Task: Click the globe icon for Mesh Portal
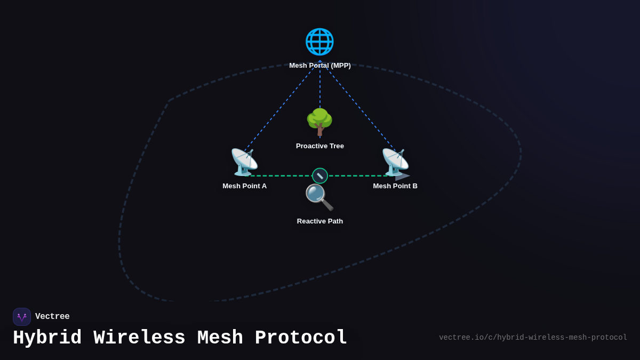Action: click(319, 42)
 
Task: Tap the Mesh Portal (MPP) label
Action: click(320, 66)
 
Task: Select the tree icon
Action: click(319, 122)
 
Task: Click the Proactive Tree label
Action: click(320, 146)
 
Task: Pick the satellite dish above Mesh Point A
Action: click(244, 162)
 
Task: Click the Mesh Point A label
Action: click(244, 186)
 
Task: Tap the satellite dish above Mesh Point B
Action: click(395, 162)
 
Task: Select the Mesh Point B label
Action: click(395, 186)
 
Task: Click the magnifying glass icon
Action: click(319, 197)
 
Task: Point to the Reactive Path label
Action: click(320, 221)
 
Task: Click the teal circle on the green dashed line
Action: click(320, 175)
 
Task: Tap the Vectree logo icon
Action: click(22, 317)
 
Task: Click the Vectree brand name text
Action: click(52, 317)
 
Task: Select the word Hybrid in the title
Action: click(47, 338)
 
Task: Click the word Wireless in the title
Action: click(139, 338)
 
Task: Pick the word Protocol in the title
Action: click(301, 338)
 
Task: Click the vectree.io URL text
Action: click(533, 338)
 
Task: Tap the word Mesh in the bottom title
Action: click(220, 338)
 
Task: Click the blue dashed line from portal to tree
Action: click(320, 88)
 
